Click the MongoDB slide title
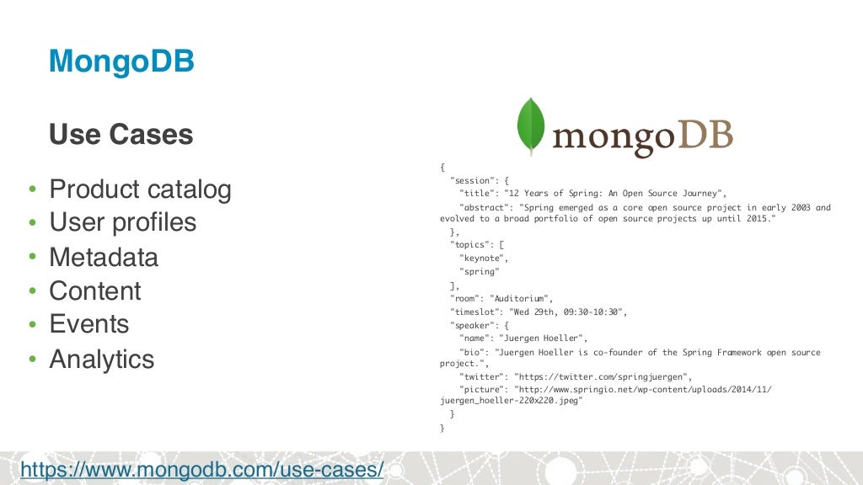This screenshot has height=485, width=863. coord(121,61)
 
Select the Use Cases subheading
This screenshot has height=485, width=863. coord(121,134)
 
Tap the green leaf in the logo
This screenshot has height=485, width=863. coord(530,125)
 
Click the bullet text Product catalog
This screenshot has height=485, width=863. coord(140,189)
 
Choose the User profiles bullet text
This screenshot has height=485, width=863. coord(122,222)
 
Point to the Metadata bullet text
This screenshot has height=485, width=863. coord(104,257)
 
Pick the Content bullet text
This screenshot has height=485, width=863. coord(95,290)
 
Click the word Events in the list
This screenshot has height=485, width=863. coord(89,324)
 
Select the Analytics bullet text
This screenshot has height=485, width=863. coord(102,359)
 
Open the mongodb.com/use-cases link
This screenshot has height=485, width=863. coord(202,469)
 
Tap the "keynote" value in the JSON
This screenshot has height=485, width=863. coord(484,258)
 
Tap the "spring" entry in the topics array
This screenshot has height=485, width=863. coord(480,271)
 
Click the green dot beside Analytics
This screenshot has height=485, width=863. coord(32,360)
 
